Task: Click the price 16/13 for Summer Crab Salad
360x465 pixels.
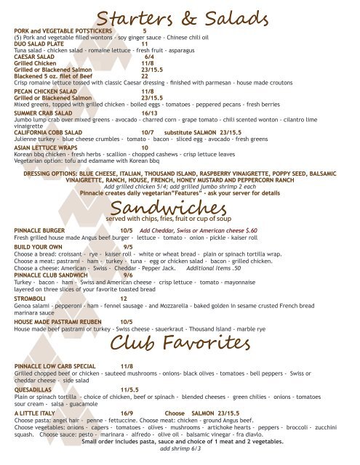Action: click(151, 113)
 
